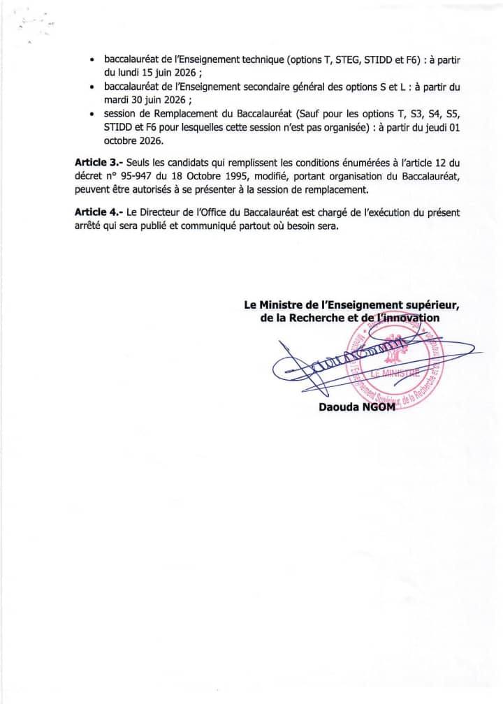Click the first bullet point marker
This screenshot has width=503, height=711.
click(93, 61)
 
